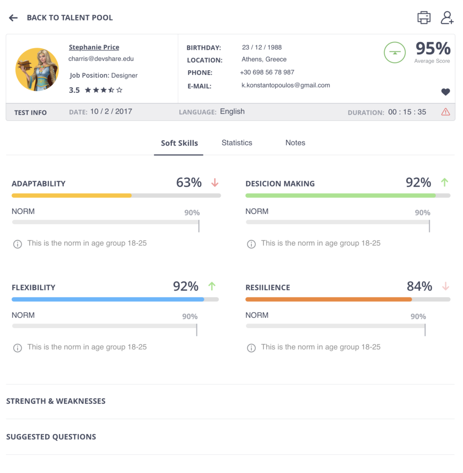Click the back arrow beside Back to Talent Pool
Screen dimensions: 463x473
coord(13,18)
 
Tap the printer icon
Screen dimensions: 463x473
coord(424,18)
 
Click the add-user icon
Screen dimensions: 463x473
coord(447,18)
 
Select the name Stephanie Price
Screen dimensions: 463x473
coord(94,47)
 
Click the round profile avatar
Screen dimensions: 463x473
coord(37,69)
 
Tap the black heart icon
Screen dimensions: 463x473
coord(445,92)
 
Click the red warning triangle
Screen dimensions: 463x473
coord(445,112)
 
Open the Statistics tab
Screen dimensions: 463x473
coord(237,143)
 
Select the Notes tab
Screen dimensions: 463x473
coord(295,143)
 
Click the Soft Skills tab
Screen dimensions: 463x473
coord(179,143)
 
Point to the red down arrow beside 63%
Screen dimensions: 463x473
coord(215,182)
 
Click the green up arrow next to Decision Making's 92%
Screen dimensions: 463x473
coord(445,182)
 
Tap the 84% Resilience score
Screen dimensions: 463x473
coord(419,286)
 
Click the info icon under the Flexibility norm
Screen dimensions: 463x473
coord(18,348)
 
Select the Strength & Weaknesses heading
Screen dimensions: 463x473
coord(56,401)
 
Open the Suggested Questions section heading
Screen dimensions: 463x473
coord(51,437)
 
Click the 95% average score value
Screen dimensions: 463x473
coord(433,48)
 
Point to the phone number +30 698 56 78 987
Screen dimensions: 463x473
coord(267,72)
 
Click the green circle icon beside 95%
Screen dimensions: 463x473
coord(395,53)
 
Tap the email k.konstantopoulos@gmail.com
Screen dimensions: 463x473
coord(286,85)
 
